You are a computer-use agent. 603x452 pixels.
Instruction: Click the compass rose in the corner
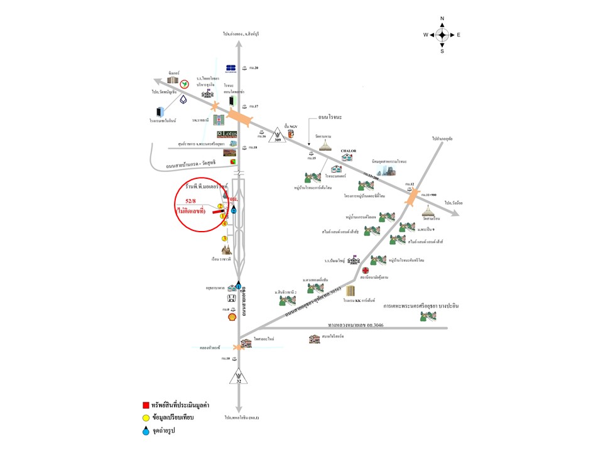coord(442,35)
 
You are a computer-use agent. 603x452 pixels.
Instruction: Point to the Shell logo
coord(232,318)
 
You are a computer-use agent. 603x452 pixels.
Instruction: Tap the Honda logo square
coord(231,298)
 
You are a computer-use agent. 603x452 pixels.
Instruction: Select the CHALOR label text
coord(349,151)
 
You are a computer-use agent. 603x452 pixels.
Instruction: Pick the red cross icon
coord(365,270)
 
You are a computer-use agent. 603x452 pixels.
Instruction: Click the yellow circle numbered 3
coord(224,239)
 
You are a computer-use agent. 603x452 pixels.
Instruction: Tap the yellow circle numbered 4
coord(222,217)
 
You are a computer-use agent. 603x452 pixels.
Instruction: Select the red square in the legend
coord(146,404)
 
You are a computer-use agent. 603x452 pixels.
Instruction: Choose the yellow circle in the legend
coord(146,417)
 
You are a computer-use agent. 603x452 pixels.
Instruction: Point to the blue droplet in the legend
coord(146,431)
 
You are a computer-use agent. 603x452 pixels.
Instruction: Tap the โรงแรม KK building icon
coord(350,291)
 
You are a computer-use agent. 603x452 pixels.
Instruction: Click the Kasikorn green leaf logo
coord(184,83)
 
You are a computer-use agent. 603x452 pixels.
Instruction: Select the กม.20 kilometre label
coord(254,67)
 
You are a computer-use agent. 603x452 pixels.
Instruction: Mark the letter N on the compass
coord(442,19)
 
